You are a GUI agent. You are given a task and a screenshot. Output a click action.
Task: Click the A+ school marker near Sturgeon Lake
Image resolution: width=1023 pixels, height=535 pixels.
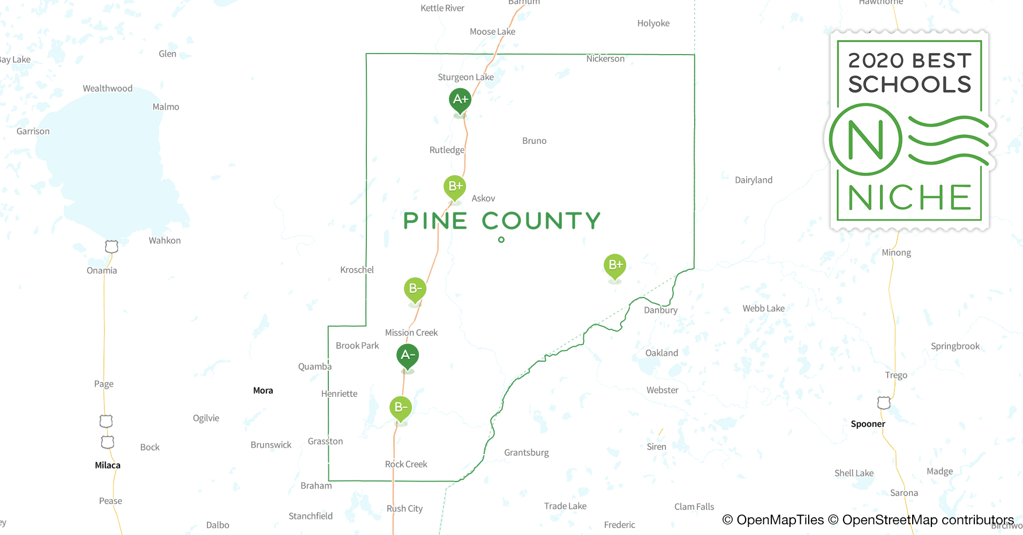tap(460, 100)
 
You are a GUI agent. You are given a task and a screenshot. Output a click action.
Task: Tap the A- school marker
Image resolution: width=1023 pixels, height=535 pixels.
tap(408, 355)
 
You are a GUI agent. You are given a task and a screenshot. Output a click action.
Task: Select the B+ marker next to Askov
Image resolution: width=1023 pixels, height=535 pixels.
tap(455, 187)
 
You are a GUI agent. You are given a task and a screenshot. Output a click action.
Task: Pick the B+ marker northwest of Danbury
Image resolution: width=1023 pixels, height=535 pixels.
tap(615, 265)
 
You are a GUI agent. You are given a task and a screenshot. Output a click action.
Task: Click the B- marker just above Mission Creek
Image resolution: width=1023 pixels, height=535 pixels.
tap(415, 289)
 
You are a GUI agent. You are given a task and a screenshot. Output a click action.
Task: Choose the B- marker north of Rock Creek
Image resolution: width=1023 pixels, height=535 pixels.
tap(401, 408)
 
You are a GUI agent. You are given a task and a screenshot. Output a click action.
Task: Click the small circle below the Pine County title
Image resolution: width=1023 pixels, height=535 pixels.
tap(501, 240)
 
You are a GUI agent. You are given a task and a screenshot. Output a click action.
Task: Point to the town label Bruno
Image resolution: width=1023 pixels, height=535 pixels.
tap(534, 141)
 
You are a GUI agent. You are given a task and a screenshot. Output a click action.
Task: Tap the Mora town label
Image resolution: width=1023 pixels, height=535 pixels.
tap(263, 391)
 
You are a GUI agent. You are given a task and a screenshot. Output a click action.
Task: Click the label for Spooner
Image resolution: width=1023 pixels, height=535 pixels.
tap(868, 424)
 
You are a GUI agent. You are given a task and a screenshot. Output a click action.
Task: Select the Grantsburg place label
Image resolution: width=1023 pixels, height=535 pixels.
tap(526, 453)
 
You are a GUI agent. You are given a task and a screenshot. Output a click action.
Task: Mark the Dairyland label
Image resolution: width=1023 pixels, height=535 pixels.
tap(754, 180)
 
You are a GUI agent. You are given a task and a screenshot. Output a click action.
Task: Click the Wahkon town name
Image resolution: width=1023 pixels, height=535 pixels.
tap(164, 241)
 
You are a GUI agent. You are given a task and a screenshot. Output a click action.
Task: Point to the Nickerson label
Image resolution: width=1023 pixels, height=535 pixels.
tap(605, 59)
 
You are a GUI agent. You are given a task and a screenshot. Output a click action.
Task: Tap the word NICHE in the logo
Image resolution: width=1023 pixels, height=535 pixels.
tap(909, 198)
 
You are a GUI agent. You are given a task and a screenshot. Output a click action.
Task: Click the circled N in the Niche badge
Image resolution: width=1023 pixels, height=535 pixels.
tap(866, 140)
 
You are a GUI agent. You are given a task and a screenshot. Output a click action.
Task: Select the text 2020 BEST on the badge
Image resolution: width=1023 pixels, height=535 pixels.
tap(909, 60)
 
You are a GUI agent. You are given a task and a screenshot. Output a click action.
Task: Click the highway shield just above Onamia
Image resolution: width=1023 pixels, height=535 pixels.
tap(111, 247)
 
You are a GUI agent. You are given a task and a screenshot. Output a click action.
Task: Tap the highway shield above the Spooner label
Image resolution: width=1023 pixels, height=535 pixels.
tap(884, 403)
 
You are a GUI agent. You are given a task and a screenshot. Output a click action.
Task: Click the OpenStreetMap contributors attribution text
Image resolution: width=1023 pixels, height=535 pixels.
tap(928, 520)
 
